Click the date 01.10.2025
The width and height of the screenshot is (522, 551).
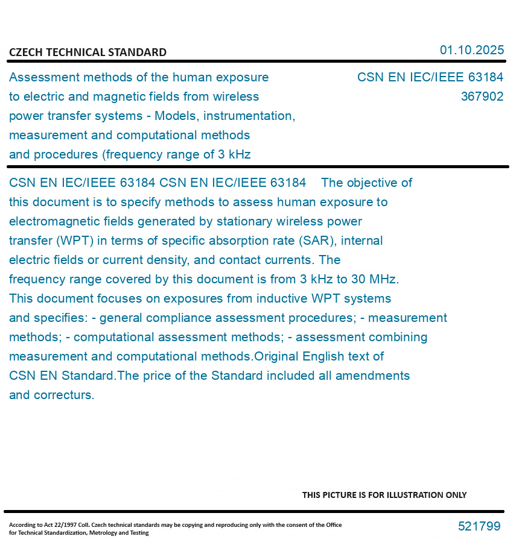click(x=471, y=50)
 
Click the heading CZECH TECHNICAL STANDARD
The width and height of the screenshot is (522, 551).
click(x=88, y=52)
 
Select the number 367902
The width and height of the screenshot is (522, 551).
click(x=482, y=96)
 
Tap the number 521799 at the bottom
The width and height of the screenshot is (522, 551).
click(x=479, y=526)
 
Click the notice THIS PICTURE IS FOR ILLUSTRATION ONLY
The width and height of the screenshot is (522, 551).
click(x=384, y=495)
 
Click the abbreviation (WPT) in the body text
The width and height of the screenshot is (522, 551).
click(x=75, y=241)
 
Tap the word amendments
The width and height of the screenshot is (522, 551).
click(x=372, y=376)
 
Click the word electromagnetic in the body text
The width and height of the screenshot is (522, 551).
click(x=51, y=221)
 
